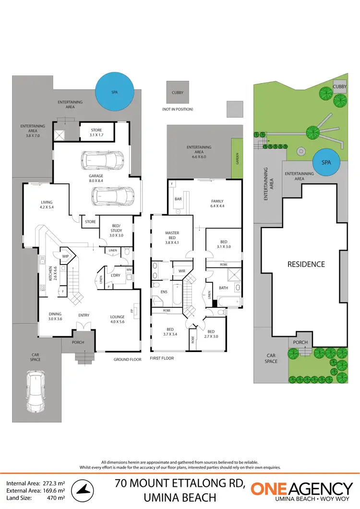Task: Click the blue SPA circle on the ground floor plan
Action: click(115, 90)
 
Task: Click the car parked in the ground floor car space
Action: click(36, 391)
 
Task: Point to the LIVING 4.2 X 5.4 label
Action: click(47, 205)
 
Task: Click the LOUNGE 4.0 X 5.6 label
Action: click(117, 319)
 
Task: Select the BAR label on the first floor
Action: click(178, 199)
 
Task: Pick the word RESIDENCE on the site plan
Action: click(306, 264)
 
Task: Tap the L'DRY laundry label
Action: click(116, 275)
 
